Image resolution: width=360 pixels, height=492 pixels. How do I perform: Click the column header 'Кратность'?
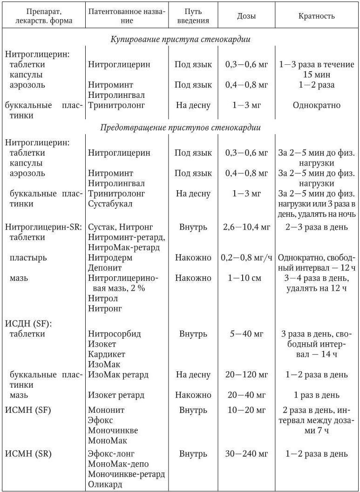316,16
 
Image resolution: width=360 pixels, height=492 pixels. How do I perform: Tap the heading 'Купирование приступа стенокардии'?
180,40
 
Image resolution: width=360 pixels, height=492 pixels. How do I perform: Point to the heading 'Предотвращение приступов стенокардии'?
180,127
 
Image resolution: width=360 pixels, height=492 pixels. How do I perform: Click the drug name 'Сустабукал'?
110,204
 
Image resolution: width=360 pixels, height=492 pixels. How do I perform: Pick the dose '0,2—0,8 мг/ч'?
246,258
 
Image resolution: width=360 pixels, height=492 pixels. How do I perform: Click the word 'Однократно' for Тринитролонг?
316,105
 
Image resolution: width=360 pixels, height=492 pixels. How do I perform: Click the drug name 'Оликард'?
105,484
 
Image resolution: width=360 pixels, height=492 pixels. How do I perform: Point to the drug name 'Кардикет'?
107,354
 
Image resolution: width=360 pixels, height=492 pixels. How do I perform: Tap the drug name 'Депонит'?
105,268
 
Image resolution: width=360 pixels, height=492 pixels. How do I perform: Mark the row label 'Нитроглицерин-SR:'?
44,227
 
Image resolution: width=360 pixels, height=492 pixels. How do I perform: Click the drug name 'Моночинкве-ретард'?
126,474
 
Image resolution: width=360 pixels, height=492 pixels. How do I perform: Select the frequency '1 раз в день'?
316,395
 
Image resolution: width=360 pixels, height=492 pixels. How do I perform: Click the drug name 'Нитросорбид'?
114,334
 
